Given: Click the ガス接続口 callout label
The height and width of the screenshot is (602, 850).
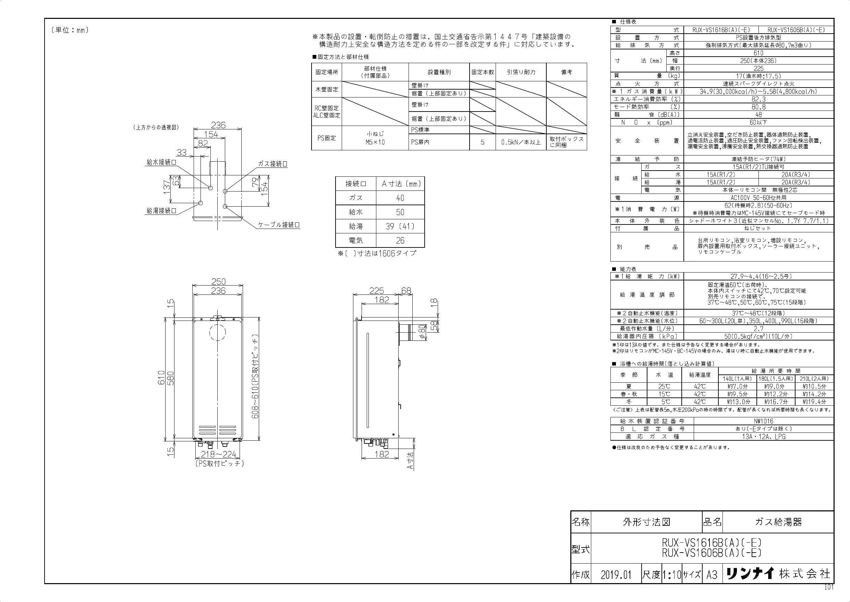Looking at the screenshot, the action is point(273,164).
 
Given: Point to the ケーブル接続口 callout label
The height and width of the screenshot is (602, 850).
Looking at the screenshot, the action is point(279,225).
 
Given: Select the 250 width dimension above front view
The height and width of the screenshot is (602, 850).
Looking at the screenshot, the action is point(218,282).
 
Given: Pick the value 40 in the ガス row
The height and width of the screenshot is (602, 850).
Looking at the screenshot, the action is point(400,198).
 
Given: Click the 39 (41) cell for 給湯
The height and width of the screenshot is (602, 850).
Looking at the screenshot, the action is point(400,226).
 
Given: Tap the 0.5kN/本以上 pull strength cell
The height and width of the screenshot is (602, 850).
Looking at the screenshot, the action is point(521,142).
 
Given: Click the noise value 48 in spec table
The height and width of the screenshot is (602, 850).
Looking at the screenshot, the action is point(758,115).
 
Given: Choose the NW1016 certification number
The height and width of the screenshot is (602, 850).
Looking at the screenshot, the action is point(763,421).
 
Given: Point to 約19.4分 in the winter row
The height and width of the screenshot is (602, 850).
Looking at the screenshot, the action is point(813,402).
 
